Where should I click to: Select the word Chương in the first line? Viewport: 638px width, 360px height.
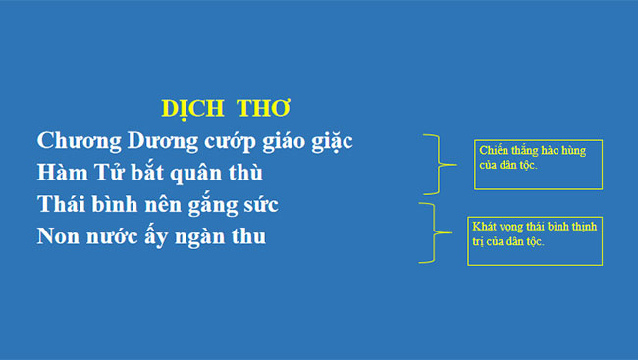point(76,141)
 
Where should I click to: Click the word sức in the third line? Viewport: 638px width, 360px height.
point(260,206)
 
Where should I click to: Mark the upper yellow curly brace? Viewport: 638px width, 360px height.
point(434,164)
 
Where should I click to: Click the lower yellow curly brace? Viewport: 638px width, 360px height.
point(429,232)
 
